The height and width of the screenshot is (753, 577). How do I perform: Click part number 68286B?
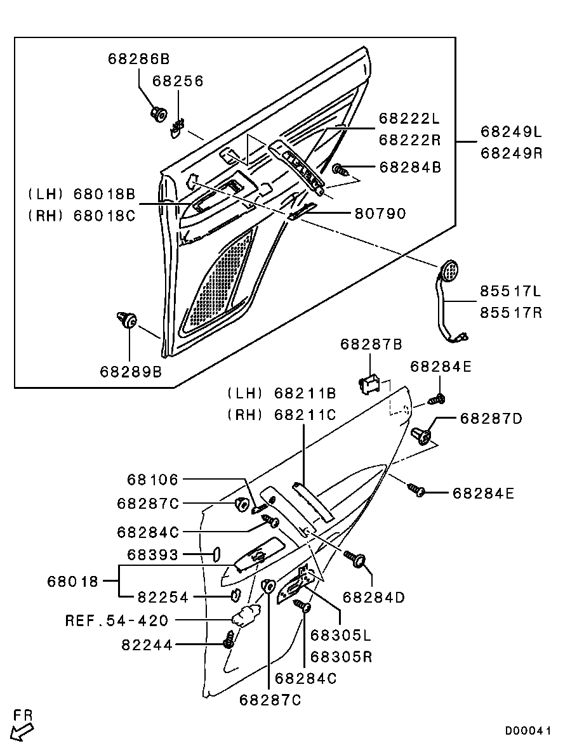(139, 60)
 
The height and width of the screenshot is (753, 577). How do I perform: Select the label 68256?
(178, 81)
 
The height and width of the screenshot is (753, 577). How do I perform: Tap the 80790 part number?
(380, 214)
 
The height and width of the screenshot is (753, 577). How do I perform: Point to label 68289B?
(131, 371)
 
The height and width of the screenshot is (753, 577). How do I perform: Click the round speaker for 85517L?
(449, 271)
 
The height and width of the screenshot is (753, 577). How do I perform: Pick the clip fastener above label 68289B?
(127, 320)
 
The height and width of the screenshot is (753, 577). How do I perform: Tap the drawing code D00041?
(528, 731)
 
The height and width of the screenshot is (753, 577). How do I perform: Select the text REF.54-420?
(117, 620)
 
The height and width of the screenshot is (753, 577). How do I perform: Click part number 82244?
(147, 645)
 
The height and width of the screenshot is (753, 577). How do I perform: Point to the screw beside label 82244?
(229, 641)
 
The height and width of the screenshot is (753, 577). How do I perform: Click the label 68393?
(153, 554)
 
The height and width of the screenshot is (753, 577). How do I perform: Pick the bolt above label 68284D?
(355, 559)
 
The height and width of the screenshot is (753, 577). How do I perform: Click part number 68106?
(152, 480)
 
